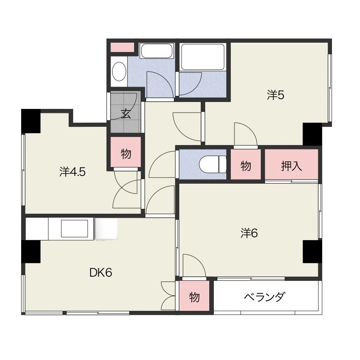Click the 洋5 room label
click(x=276, y=95)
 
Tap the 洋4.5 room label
click(x=73, y=171)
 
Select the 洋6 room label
click(x=249, y=233)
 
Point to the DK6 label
click(x=101, y=273)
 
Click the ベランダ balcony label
click(x=265, y=297)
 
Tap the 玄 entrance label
click(x=126, y=113)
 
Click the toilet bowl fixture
click(x=213, y=164)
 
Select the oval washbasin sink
click(x=119, y=72)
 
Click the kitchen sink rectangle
click(x=74, y=228)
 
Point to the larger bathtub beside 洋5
click(x=202, y=57)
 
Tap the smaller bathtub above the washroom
click(x=156, y=51)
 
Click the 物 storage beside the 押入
click(x=246, y=164)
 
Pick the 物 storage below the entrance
click(x=126, y=152)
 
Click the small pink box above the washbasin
click(x=122, y=47)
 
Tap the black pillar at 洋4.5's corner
click(x=31, y=121)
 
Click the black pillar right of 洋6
click(x=312, y=252)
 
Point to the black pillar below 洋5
click(x=312, y=134)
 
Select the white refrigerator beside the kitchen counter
click(x=106, y=229)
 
